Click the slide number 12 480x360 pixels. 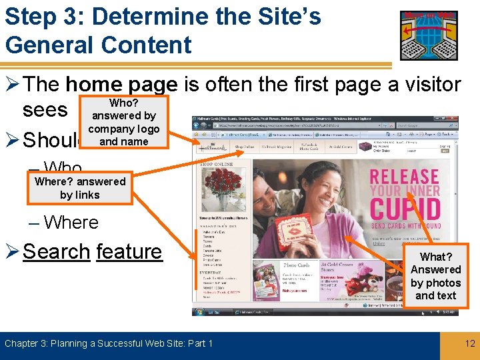coord(470,344)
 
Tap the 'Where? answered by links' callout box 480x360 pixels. coord(79,188)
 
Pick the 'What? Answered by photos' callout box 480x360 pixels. coord(435,276)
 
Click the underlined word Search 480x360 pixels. coord(57,251)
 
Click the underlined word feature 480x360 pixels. coord(129,251)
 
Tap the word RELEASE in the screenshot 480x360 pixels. coord(405,177)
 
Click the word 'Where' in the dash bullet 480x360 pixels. coord(71,222)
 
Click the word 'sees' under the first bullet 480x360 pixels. coord(45,110)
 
